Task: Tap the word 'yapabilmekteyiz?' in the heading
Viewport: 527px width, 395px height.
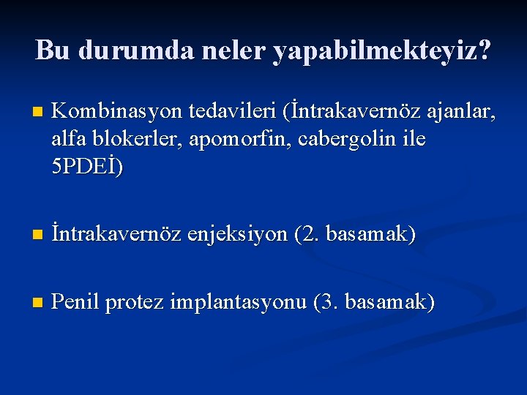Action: point(383,51)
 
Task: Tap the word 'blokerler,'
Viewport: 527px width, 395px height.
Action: point(132,139)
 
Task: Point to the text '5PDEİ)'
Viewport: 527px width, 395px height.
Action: point(89,167)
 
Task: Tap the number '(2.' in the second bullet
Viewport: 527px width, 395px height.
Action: point(307,235)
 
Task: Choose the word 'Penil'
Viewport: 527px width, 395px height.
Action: point(78,301)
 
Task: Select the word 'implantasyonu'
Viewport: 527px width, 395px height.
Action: point(241,302)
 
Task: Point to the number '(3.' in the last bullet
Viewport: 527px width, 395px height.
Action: point(326,301)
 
